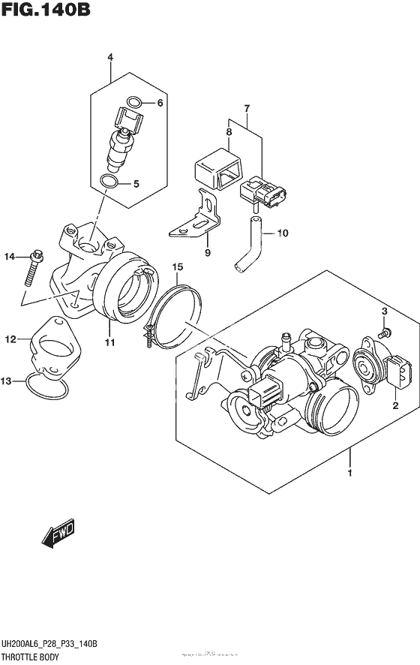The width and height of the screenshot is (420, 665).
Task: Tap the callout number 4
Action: tap(110, 57)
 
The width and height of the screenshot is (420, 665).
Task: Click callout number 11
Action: tap(109, 343)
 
